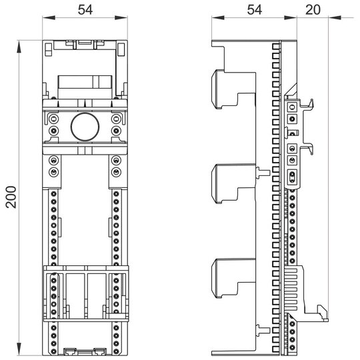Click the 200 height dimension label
pyautogui.click(x=11, y=197)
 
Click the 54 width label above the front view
pyautogui.click(x=85, y=10)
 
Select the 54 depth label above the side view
pyautogui.click(x=255, y=10)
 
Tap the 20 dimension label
pyautogui.click(x=313, y=10)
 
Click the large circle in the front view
pyautogui.click(x=85, y=127)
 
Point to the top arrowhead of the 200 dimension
pyautogui.click(x=19, y=47)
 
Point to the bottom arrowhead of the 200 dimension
pyautogui.click(x=19, y=349)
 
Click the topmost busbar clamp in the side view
pyautogui.click(x=233, y=89)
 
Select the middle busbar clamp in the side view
pyautogui.click(x=233, y=184)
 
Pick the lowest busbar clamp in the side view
pyautogui.click(x=233, y=278)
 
